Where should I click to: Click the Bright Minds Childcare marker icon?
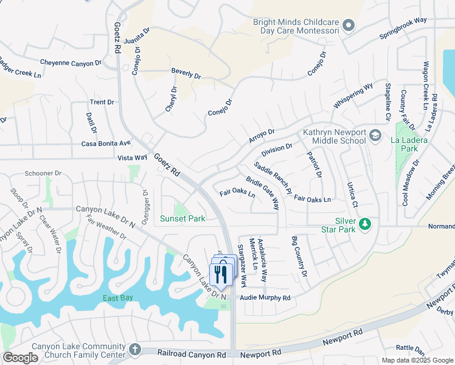click(x=348, y=26)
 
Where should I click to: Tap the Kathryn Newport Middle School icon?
click(x=375, y=136)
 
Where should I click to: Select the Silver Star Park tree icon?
click(x=365, y=224)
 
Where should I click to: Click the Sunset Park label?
click(x=182, y=218)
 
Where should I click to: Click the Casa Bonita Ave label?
click(x=106, y=144)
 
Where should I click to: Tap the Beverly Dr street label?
click(x=186, y=74)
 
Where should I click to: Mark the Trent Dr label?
click(x=102, y=102)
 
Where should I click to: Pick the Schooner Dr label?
click(x=43, y=173)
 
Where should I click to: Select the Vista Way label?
click(x=133, y=158)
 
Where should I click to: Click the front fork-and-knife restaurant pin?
click(x=220, y=274)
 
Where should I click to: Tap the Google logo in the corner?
click(x=20, y=358)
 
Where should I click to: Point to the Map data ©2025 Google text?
click(x=417, y=360)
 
